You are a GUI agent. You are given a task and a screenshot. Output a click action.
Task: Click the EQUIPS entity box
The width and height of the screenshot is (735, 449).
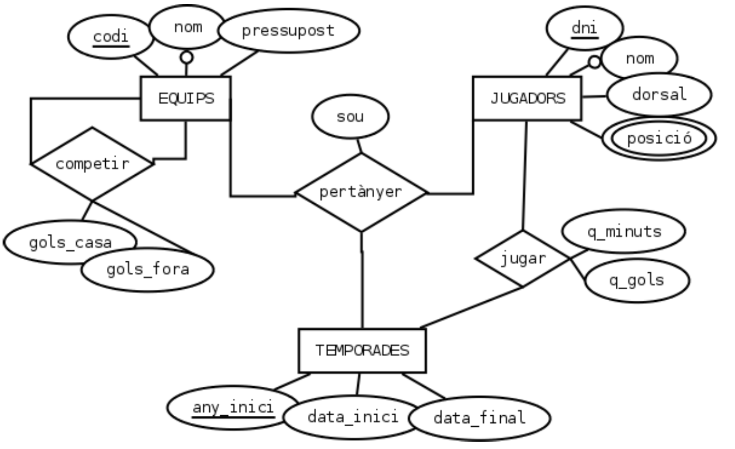[186, 99]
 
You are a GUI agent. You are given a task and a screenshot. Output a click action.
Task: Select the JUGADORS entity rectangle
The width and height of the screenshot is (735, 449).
[527, 99]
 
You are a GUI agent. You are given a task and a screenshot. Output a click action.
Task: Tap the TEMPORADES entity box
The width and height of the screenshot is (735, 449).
[362, 350]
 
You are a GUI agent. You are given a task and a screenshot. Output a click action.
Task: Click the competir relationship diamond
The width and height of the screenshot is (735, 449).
[92, 164]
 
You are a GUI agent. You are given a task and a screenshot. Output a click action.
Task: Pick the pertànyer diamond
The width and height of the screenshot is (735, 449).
[361, 192]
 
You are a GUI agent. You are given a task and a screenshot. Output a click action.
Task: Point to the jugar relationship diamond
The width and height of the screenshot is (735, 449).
[522, 259]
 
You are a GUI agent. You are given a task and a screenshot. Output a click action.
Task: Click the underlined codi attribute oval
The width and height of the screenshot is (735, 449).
[110, 37]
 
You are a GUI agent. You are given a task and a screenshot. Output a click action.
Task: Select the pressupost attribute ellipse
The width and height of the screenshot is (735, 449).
[288, 31]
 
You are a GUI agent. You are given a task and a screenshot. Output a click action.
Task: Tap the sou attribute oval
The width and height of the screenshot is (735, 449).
[350, 117]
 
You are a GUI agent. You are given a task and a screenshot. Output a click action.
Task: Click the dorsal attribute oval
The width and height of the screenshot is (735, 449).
[659, 94]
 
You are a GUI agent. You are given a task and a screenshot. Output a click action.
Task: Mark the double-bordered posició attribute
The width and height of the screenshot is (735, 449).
[659, 138]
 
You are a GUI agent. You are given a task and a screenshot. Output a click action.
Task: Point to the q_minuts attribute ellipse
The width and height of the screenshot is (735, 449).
[624, 231]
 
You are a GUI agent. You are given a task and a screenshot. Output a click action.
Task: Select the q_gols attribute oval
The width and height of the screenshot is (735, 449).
[637, 280]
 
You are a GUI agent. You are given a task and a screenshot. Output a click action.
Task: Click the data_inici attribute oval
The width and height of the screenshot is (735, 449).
[352, 417]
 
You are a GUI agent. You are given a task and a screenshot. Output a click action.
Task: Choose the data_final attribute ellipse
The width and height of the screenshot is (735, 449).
[479, 418]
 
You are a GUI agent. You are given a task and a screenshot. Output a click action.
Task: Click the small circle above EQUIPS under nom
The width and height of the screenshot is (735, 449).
[186, 58]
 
